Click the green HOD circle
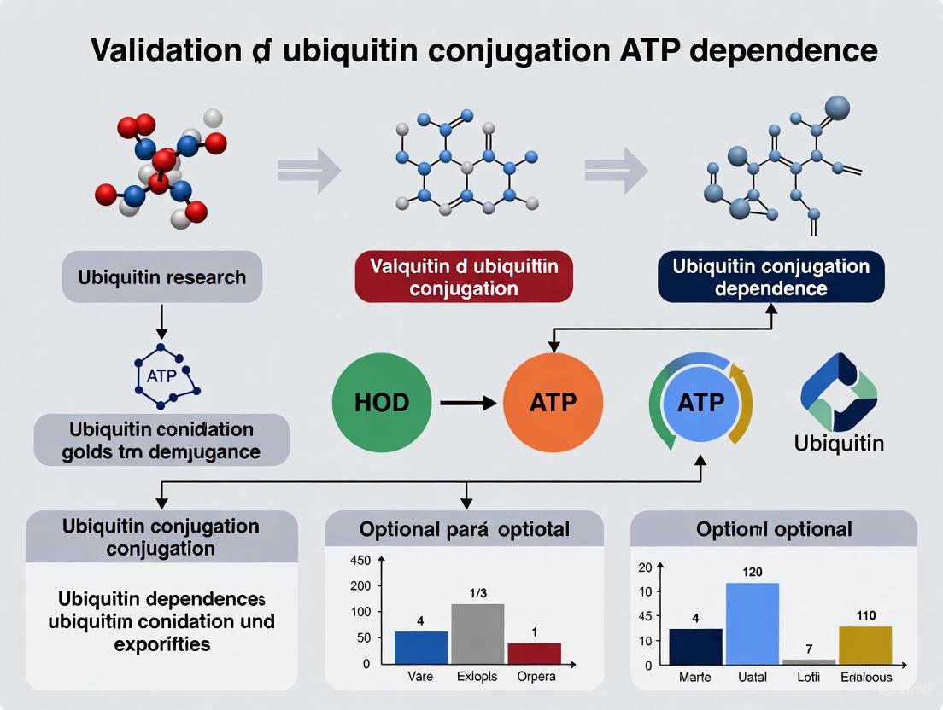(381, 402)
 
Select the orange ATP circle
(553, 402)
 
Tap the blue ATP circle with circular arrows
(700, 402)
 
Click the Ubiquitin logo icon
(838, 392)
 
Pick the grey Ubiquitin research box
(161, 276)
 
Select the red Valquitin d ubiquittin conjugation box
(464, 276)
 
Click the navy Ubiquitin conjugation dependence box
(770, 276)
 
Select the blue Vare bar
(421, 647)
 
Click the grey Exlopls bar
(477, 633)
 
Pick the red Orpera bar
(534, 653)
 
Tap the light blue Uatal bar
(752, 623)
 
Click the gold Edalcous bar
(865, 644)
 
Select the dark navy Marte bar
(695, 646)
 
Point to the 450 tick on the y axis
(360, 561)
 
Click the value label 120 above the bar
(752, 572)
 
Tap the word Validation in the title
(166, 50)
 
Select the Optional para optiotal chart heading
(464, 529)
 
